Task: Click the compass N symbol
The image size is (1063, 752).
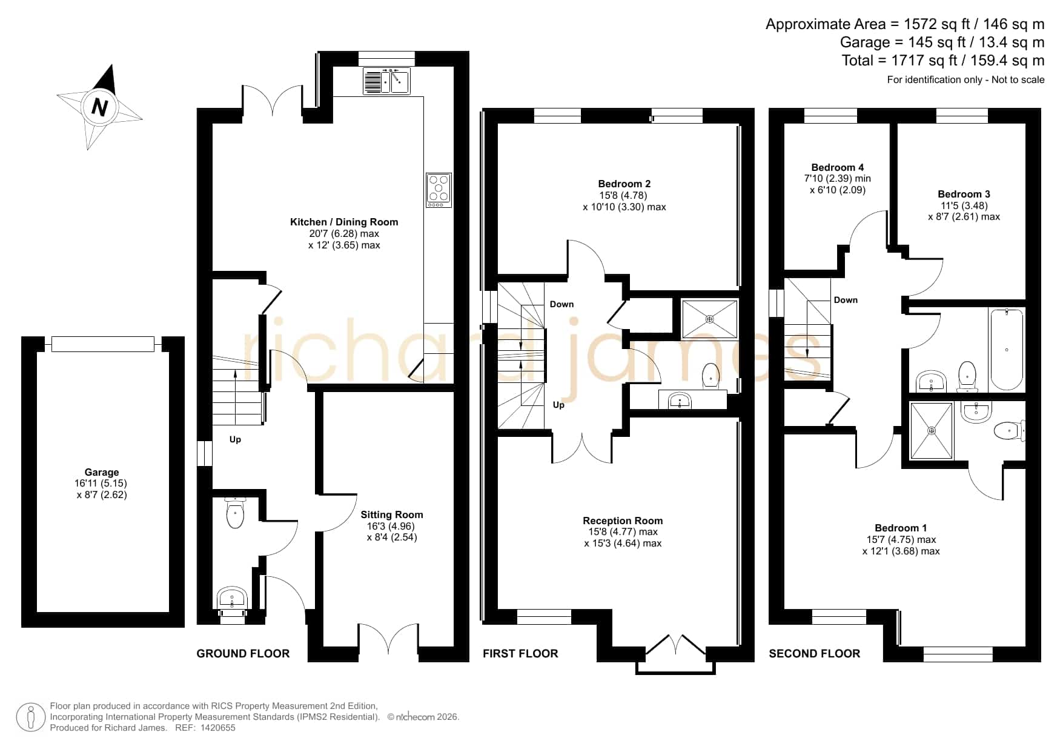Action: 99,107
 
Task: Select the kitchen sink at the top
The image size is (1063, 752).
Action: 386,81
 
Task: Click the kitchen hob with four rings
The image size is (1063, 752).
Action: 439,190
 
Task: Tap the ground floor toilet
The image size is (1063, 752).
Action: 234,513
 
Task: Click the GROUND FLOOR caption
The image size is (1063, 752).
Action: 243,653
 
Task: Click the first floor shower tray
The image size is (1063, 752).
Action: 710,319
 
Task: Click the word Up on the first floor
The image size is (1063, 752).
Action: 558,405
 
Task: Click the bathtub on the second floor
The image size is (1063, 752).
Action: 1006,350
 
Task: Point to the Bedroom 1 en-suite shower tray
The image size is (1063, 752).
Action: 932,430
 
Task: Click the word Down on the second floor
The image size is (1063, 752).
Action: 846,300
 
